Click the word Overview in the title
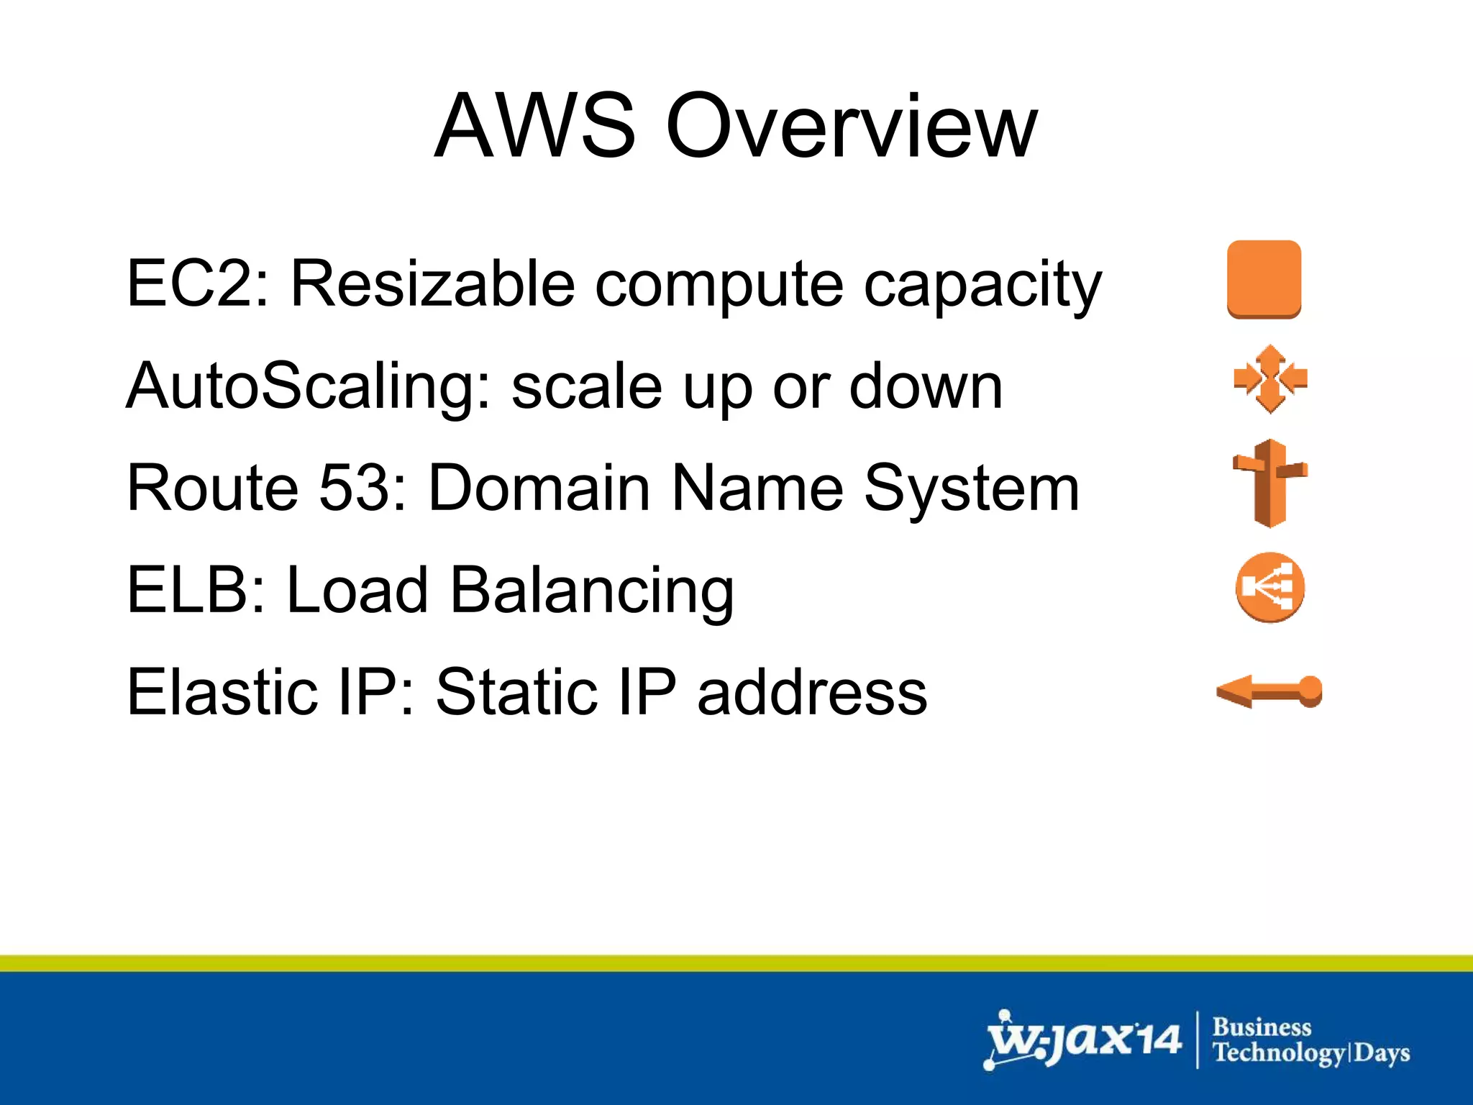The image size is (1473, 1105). (x=852, y=127)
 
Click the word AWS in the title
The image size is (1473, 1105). (x=536, y=127)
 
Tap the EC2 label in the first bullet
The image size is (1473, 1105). (x=191, y=283)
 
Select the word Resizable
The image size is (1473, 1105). (x=432, y=283)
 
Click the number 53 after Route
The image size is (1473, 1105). (x=356, y=488)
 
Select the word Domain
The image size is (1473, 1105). (x=540, y=488)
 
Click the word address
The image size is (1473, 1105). (x=813, y=693)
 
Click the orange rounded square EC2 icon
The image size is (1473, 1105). (x=1264, y=279)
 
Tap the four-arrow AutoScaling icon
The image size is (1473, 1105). (x=1270, y=379)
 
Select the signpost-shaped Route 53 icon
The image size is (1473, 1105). (x=1270, y=483)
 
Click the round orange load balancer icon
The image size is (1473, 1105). (x=1270, y=587)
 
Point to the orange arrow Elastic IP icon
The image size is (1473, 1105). (x=1269, y=691)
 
